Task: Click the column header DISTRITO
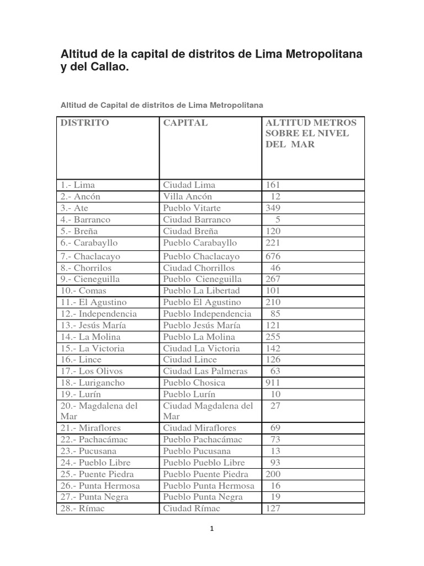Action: click(x=85, y=123)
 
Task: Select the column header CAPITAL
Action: click(x=185, y=123)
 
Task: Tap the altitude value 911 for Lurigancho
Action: click(x=273, y=382)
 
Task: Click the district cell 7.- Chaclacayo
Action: click(x=90, y=256)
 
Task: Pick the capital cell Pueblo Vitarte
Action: click(x=192, y=208)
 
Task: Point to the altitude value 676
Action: click(x=273, y=256)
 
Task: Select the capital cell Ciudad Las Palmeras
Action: click(x=205, y=371)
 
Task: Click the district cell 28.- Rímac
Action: click(x=82, y=509)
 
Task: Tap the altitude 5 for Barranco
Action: click(x=278, y=219)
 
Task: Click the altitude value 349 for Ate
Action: click(x=273, y=208)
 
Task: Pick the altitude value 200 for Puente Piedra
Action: click(x=273, y=474)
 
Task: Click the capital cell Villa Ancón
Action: click(x=188, y=196)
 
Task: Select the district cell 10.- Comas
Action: click(x=83, y=291)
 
